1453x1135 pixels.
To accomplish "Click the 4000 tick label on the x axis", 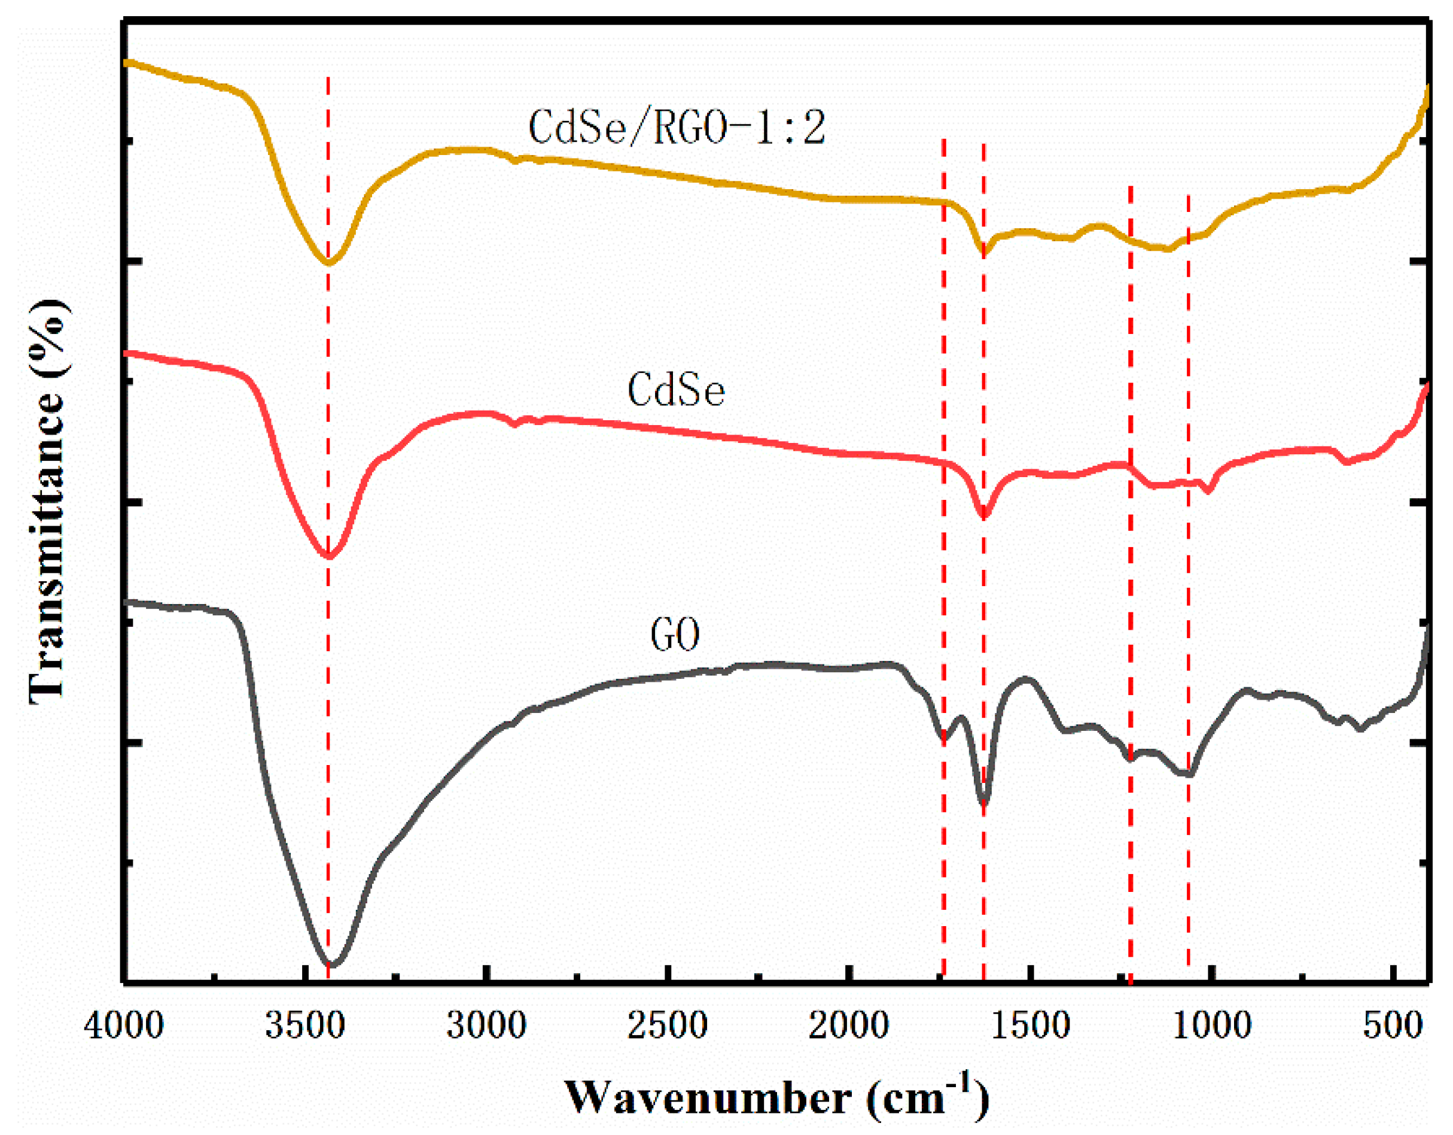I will pyautogui.click(x=124, y=1027).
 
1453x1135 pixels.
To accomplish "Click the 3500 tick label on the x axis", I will pyautogui.click(x=304, y=1027).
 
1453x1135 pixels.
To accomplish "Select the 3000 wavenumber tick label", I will pyautogui.click(x=487, y=1027).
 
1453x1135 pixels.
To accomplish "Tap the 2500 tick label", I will pyautogui.click(x=668, y=1027).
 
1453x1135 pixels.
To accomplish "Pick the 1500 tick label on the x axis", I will pyautogui.click(x=1030, y=1027).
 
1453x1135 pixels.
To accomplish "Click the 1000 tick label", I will pyautogui.click(x=1211, y=1027).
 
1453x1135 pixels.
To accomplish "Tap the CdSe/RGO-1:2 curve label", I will pyautogui.click(x=677, y=128).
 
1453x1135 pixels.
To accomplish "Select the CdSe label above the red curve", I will pyautogui.click(x=676, y=390).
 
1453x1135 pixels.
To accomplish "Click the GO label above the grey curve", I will pyautogui.click(x=675, y=635).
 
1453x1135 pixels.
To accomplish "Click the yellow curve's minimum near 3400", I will pyautogui.click(x=328, y=263).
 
